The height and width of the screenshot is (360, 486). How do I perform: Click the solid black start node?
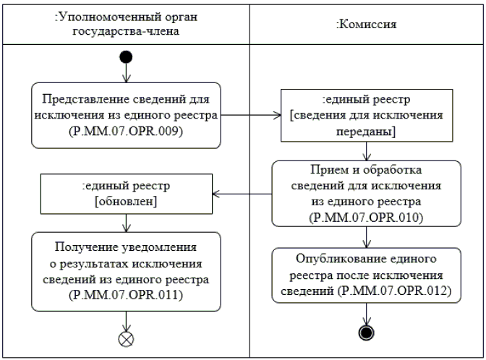tap(126, 57)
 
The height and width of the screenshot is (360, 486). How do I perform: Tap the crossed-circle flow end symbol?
tap(126, 339)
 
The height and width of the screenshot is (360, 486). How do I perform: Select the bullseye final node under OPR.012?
tap(367, 333)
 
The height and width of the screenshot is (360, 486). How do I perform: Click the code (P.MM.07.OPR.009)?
tap(126, 131)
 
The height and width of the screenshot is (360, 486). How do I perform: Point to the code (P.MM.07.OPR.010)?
tap(366, 218)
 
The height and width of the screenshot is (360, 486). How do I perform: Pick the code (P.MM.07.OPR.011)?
tap(126, 295)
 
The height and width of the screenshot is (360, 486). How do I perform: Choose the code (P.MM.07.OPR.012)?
tap(395, 291)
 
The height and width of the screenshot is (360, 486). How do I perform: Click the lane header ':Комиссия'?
tap(367, 24)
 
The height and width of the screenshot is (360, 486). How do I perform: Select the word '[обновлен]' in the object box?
tap(126, 202)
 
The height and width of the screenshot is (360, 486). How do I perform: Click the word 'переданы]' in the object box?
tap(366, 132)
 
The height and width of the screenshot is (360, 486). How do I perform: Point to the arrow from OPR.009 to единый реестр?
tap(251, 115)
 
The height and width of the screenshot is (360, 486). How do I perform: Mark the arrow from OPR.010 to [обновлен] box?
tap(242, 194)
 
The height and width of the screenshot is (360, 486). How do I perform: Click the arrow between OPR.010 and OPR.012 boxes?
tap(367, 237)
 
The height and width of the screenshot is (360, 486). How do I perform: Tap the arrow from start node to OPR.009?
tap(126, 73)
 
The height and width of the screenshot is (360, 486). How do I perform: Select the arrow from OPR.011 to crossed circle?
tap(126, 321)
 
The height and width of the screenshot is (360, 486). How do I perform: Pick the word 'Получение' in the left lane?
tap(85, 247)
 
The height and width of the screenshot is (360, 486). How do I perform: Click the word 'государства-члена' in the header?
tap(126, 31)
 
